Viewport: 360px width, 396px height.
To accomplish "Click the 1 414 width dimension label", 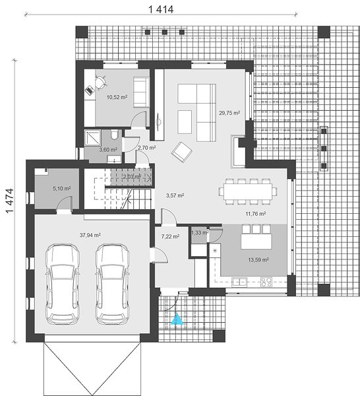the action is click(x=161, y=10).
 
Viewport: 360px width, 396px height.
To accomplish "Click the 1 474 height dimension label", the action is click(x=10, y=201).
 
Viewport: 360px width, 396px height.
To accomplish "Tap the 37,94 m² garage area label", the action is click(x=90, y=235).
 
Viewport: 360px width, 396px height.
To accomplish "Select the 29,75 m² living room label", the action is click(x=229, y=113).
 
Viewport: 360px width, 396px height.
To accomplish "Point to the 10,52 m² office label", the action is click(x=117, y=97).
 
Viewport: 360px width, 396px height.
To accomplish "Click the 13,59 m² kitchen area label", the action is click(x=258, y=259).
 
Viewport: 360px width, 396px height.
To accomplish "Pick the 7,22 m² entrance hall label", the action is click(x=170, y=236).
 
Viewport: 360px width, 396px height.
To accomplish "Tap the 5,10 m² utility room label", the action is click(x=61, y=188).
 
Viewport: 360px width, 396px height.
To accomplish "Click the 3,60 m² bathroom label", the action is click(x=108, y=150).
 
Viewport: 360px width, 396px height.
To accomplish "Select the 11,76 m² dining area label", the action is click(x=256, y=214).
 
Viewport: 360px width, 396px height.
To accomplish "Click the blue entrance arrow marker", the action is click(x=177, y=319).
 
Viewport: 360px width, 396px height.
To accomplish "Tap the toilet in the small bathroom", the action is click(x=114, y=135).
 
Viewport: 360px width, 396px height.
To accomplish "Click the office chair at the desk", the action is click(x=100, y=82).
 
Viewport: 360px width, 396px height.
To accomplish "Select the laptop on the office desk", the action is click(x=89, y=90).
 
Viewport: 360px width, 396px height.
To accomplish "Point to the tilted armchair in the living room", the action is click(x=181, y=152).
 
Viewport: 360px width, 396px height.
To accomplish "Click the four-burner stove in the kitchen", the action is click(x=266, y=282).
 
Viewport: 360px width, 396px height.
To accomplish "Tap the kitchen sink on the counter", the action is click(x=239, y=282).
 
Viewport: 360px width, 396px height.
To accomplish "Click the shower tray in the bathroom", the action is click(x=92, y=138).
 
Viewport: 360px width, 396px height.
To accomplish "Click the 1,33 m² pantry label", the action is click(x=200, y=232).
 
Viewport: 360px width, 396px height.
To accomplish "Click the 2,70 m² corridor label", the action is click(x=146, y=148).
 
